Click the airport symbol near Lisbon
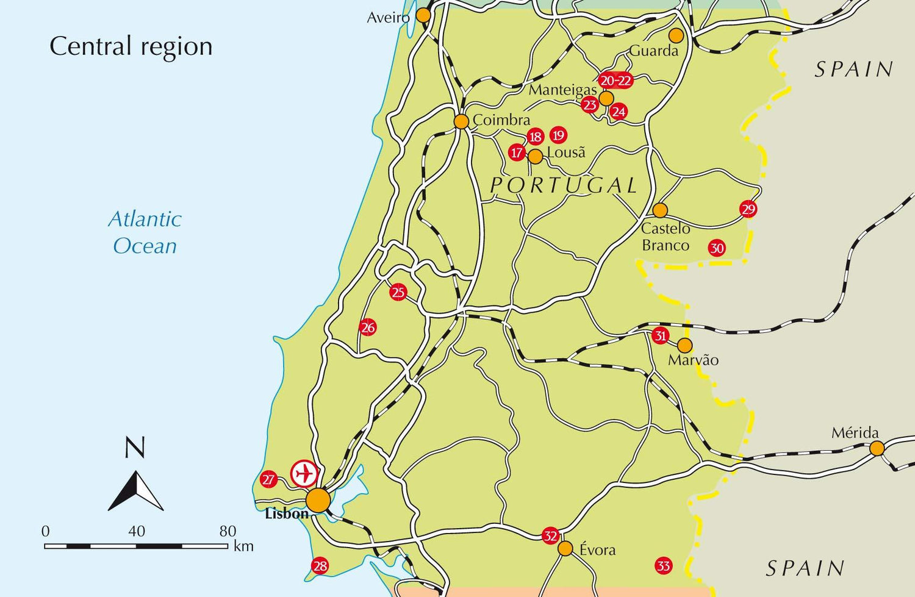304,473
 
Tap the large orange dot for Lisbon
318,500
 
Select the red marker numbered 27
268,479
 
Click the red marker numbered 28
320,566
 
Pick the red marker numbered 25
398,292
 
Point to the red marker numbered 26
367,327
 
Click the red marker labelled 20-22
615,80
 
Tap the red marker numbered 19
558,135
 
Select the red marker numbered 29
748,209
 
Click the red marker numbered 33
663,565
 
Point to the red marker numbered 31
660,335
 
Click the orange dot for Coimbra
461,121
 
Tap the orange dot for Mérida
877,449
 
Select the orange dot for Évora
565,548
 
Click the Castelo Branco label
666,237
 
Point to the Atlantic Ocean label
145,232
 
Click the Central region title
131,46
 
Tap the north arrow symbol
135,490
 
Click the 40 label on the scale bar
137,531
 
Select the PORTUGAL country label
564,185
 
